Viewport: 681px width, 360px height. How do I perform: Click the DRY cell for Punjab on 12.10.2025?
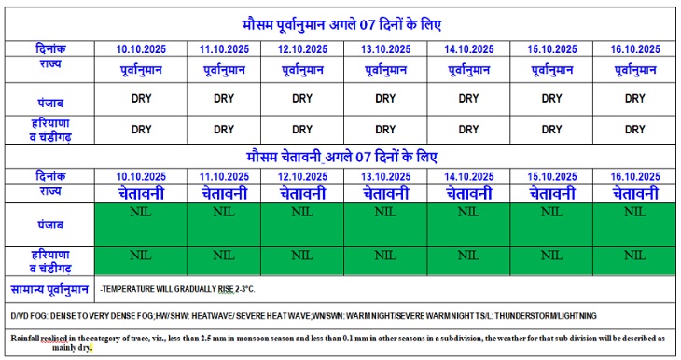(302, 98)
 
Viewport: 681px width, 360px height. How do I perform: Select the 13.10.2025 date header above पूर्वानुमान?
(385, 48)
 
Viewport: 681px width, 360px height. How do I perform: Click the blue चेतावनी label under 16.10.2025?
(635, 193)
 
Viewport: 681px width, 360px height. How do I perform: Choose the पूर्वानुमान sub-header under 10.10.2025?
(139, 69)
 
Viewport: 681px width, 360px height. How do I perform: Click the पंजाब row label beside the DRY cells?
(48, 98)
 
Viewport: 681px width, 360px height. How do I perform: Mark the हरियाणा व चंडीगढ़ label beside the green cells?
(48, 260)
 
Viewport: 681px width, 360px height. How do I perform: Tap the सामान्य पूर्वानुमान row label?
(49, 289)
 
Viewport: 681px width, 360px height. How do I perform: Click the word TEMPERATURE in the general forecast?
(133, 290)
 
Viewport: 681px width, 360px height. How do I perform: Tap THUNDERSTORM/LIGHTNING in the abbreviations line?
(546, 316)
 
